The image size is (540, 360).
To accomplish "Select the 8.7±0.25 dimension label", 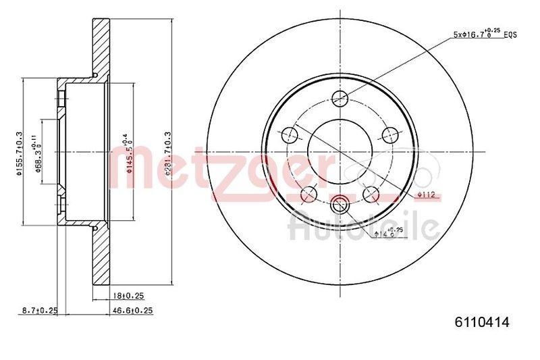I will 38,310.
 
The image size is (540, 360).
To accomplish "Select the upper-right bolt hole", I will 389,134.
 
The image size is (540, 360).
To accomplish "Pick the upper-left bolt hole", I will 291,134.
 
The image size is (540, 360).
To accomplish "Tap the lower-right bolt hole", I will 371,194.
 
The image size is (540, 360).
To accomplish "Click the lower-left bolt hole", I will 308,194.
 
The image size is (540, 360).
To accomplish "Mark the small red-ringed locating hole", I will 340,201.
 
